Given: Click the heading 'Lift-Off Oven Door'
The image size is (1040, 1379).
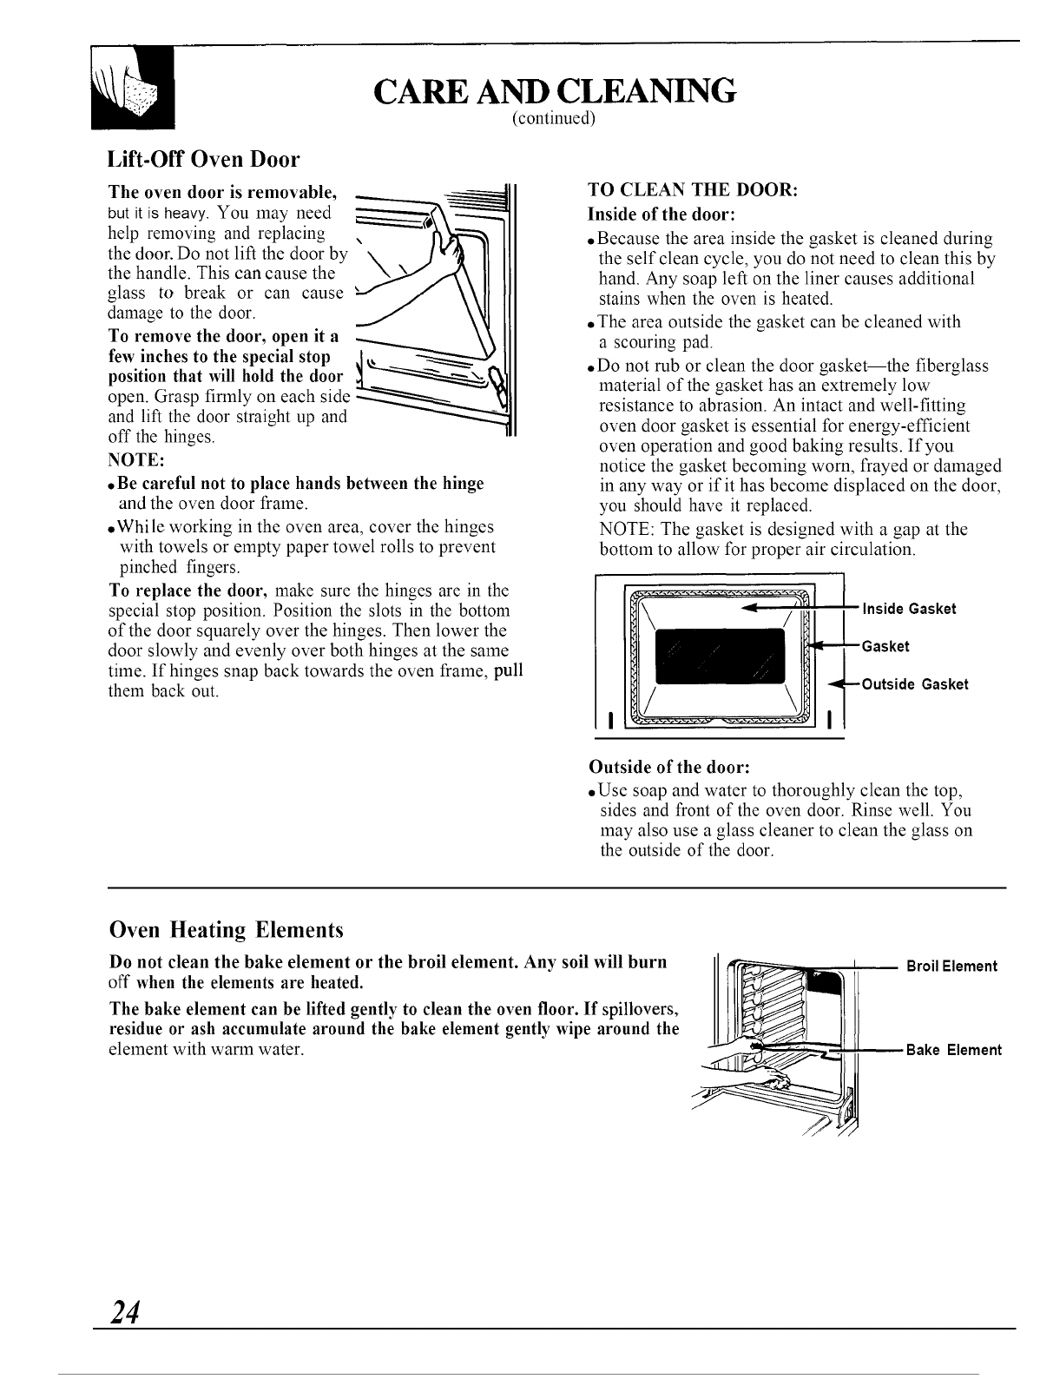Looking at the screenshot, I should pos(203,160).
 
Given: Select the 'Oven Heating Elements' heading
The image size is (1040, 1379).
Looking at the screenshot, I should pos(227,930).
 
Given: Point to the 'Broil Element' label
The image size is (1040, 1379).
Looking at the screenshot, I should pos(951,966).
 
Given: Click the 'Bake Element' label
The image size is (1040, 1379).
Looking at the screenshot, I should pos(953,1050).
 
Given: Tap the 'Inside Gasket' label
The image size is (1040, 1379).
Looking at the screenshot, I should pos(909,609).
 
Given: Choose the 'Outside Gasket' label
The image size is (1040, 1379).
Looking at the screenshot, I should pos(914,684).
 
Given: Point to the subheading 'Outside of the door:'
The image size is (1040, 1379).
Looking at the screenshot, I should pos(668,768).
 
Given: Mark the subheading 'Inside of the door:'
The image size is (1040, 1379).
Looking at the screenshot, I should pos(662,214).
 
